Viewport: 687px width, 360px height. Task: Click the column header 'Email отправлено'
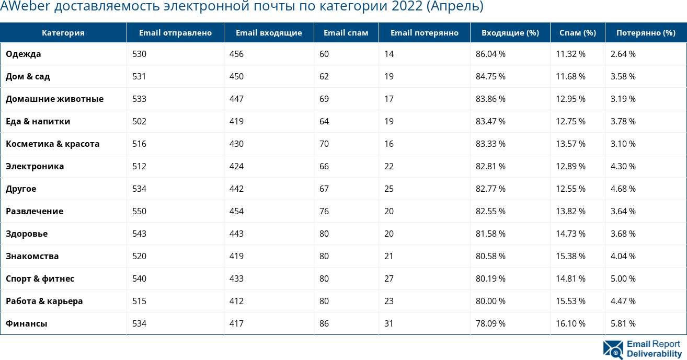pos(175,32)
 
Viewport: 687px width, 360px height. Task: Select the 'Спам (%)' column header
pos(577,32)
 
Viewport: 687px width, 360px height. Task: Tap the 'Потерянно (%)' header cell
pos(646,32)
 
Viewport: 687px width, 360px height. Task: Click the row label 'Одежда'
pos(23,54)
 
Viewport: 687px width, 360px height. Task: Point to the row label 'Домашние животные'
pos(54,99)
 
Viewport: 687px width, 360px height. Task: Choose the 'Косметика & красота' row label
pos(52,144)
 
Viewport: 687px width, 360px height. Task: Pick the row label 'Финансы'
pos(26,323)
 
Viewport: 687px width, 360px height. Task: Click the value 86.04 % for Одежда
pos(490,54)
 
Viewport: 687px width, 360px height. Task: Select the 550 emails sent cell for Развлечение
pos(139,211)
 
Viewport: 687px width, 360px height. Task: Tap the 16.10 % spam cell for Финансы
pos(570,323)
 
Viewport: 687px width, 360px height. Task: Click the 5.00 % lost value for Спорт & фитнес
pos(623,278)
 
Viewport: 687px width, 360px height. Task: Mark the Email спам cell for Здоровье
pos(324,234)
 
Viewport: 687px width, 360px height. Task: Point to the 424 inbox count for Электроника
pos(236,166)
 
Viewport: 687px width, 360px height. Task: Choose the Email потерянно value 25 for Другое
pos(389,189)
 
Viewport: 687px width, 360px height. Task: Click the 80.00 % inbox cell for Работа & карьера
pos(490,301)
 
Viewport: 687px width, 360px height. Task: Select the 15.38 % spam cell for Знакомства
pos(570,256)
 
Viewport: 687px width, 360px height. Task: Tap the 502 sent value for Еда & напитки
pos(139,121)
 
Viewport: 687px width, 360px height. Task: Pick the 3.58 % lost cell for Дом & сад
pos(623,76)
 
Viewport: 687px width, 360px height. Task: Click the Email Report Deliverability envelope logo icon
pos(613,350)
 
